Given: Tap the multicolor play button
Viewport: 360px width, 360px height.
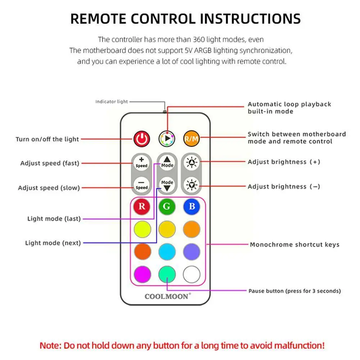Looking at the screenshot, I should click(167, 138).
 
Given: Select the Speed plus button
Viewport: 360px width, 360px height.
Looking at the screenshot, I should click(141, 162).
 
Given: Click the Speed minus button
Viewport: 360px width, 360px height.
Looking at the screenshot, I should click(141, 185).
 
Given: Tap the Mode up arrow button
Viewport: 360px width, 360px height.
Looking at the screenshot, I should click(167, 162).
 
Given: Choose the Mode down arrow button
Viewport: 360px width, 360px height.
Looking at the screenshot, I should click(167, 185).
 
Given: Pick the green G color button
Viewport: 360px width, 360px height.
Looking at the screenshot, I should click(167, 206).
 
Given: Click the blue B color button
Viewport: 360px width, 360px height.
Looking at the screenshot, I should click(192, 206).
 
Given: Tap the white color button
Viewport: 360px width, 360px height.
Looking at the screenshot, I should click(192, 275).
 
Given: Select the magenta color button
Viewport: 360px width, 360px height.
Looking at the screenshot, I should click(142, 275).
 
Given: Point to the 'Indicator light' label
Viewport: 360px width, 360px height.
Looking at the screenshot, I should click(111, 102).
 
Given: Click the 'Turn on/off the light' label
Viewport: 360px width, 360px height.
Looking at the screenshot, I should click(47, 139).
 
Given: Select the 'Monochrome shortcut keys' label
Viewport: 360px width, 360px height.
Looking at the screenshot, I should click(295, 245).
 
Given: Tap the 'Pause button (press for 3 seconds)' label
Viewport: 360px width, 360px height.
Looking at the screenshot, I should click(295, 291).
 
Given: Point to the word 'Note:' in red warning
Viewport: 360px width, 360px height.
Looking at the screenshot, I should click(50, 346).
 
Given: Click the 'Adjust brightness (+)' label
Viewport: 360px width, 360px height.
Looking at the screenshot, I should click(284, 162).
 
